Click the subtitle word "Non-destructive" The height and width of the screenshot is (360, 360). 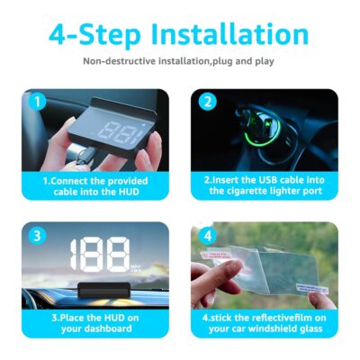click(120, 62)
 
